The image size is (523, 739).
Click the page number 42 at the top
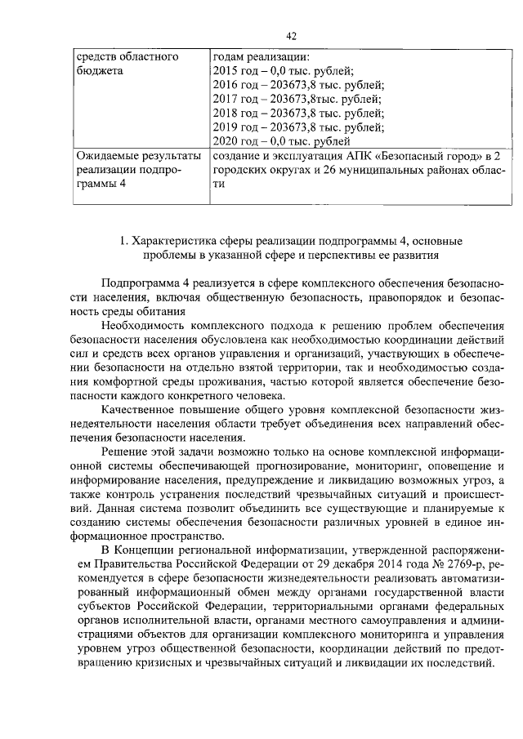(x=290, y=35)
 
